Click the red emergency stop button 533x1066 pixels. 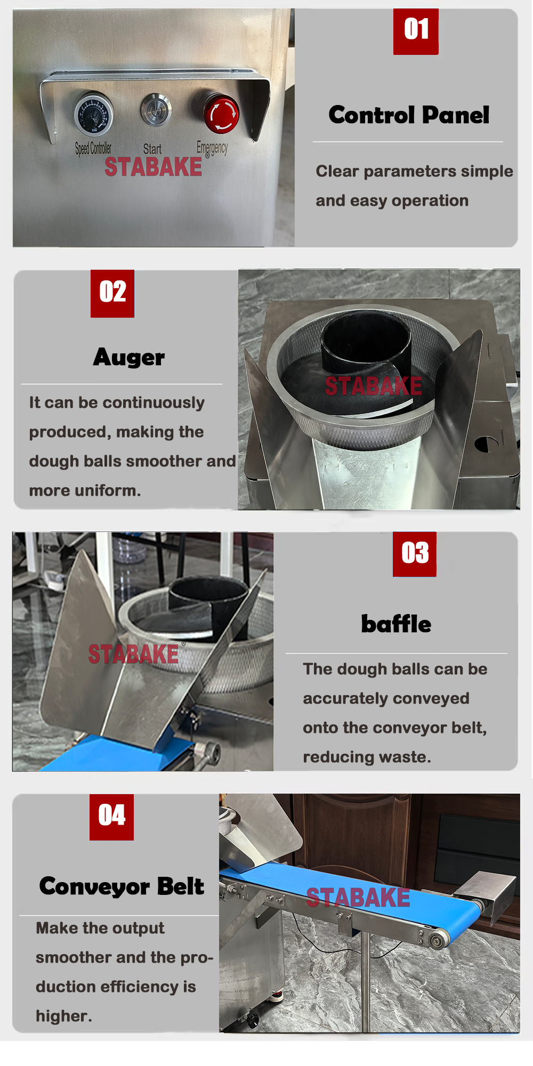[x=221, y=114]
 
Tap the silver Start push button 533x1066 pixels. [x=156, y=110]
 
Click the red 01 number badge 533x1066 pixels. [x=416, y=31]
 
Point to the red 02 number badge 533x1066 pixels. [x=112, y=293]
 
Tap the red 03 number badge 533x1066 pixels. [x=415, y=554]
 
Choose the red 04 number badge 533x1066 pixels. [x=111, y=817]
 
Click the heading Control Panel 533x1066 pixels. [x=409, y=115]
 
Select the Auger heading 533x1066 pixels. [x=129, y=357]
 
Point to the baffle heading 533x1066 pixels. [x=396, y=624]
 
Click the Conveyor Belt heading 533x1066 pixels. [x=122, y=886]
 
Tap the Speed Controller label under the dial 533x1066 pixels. [x=93, y=148]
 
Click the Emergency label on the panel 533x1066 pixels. [x=212, y=148]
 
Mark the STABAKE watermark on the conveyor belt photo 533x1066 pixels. [x=358, y=898]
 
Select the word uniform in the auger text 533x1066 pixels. [x=112, y=490]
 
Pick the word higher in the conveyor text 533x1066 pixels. [x=64, y=1016]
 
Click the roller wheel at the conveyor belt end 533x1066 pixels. [x=438, y=940]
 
